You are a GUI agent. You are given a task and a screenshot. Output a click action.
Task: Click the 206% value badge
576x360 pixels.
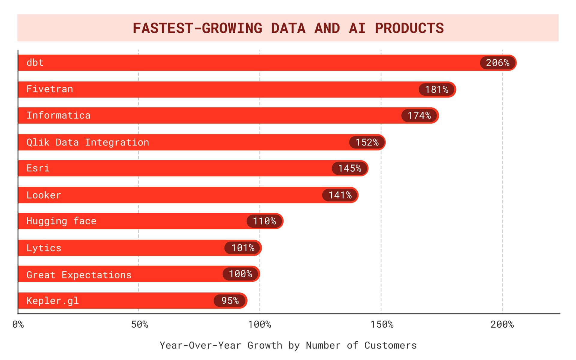point(497,63)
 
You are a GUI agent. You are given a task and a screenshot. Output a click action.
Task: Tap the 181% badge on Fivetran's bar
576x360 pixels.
point(436,89)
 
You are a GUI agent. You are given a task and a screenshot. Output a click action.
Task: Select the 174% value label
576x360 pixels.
point(419,115)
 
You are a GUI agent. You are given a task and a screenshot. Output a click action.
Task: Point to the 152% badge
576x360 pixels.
point(367,142)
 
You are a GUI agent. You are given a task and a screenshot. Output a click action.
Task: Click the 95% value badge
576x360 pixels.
point(230,301)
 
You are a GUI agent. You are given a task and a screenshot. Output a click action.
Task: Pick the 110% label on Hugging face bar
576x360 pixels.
point(264,221)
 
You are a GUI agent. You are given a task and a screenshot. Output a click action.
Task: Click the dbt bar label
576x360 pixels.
point(35,63)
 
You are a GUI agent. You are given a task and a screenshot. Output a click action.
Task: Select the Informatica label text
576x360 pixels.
point(58,115)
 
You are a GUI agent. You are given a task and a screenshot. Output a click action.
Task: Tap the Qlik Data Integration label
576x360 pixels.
point(88,142)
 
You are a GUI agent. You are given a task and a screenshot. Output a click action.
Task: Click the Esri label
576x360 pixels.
point(38,168)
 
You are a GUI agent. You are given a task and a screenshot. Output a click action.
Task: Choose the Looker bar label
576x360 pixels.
point(44,195)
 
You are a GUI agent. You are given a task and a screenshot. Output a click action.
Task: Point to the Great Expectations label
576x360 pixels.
point(79,275)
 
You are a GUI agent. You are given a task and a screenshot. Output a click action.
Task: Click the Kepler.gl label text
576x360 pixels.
point(52,301)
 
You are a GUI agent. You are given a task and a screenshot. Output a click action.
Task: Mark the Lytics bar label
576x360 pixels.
point(44,248)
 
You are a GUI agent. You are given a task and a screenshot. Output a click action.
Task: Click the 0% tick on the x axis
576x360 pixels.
point(18,324)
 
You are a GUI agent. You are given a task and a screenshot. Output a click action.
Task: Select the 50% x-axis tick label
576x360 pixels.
point(139,324)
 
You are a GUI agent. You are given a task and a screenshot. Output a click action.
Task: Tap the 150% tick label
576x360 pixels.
point(382,324)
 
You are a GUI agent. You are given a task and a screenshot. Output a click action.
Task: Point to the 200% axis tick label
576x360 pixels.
point(502,324)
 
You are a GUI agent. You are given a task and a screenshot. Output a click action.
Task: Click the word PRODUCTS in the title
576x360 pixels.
point(409,28)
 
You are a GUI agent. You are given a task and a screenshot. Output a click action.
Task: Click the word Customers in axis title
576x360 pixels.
point(390,345)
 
